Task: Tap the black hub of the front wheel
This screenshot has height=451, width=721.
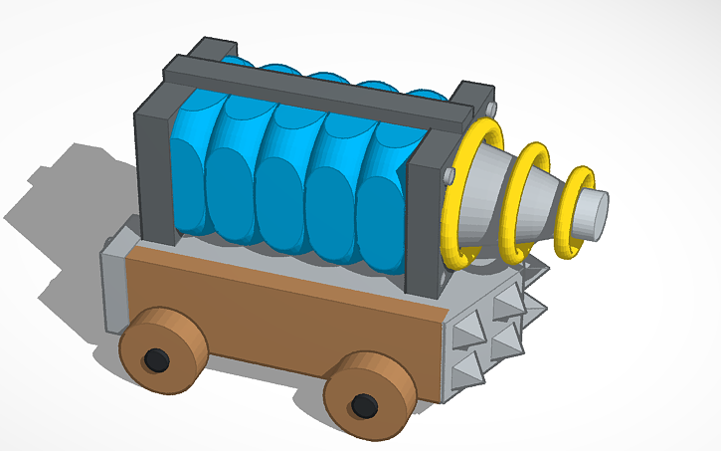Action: pos(364,404)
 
